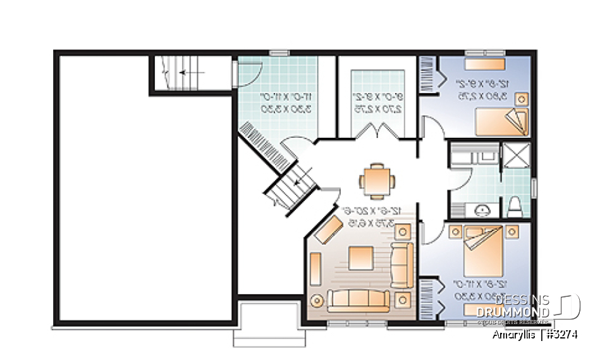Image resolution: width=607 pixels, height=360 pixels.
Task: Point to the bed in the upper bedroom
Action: pyautogui.click(x=502, y=121)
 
